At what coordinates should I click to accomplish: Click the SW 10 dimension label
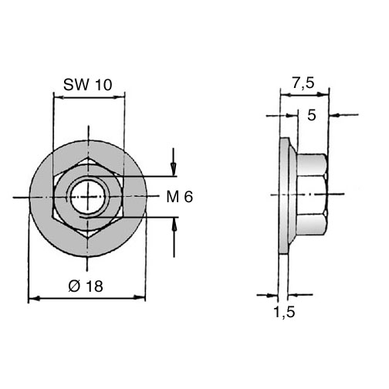click(x=88, y=85)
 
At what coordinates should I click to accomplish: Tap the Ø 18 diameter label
click(x=86, y=286)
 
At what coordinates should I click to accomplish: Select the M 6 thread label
click(x=180, y=197)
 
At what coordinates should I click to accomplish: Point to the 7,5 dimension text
click(x=303, y=83)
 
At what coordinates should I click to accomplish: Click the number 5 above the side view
click(x=312, y=115)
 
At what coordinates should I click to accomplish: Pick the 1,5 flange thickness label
click(x=284, y=312)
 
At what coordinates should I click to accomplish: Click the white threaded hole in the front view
click(x=88, y=198)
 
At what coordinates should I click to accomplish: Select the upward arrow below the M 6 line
click(x=174, y=237)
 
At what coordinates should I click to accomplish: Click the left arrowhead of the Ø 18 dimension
click(x=34, y=299)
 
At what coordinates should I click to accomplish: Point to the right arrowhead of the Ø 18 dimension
click(x=139, y=297)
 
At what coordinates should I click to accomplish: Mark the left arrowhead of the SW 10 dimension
click(x=59, y=97)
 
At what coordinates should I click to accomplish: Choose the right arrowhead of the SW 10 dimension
click(x=119, y=97)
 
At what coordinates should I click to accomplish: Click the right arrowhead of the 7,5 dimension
click(x=323, y=95)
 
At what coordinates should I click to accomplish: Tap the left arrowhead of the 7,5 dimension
click(x=286, y=95)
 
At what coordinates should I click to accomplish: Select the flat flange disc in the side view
click(x=284, y=195)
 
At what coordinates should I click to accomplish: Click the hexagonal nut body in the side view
click(x=312, y=194)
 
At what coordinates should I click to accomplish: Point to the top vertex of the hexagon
click(x=89, y=156)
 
